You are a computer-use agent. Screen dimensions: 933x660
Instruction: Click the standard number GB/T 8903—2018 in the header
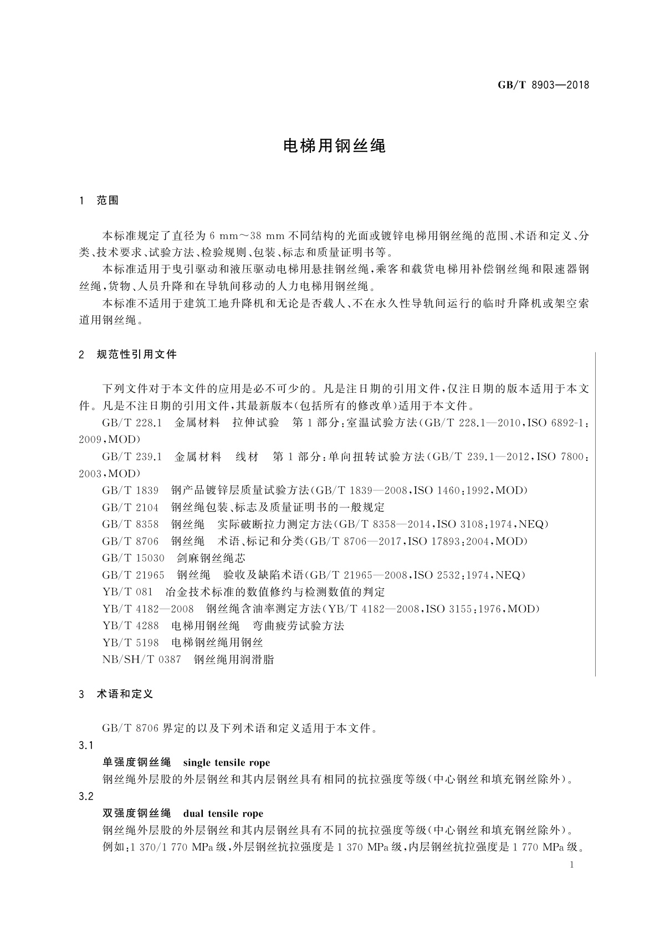click(543, 85)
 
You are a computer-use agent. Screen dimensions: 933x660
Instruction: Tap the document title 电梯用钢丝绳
click(334, 146)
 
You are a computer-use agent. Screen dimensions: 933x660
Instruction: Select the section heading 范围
click(108, 201)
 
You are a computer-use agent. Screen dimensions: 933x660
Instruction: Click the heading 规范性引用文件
click(136, 355)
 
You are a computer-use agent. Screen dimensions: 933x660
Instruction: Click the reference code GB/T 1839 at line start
click(130, 491)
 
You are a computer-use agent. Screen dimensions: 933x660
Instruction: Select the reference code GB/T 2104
click(130, 507)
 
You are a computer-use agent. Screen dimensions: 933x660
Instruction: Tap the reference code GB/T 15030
click(133, 558)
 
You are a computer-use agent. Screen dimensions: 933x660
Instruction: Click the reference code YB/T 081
click(127, 592)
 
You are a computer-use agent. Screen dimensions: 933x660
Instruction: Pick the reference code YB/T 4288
click(130, 626)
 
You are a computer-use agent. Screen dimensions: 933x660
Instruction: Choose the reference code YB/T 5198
click(130, 643)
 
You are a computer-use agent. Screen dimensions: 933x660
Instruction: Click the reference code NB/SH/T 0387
click(142, 660)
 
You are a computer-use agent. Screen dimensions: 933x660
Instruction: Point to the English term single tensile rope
click(226, 763)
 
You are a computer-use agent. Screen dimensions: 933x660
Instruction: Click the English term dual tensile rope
click(223, 814)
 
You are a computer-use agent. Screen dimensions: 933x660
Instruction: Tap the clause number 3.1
click(86, 746)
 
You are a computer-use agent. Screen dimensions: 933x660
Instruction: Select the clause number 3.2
click(86, 797)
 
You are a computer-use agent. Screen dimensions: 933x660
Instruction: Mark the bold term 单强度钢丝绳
click(137, 763)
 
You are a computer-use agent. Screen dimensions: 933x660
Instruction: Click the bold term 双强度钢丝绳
click(137, 814)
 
